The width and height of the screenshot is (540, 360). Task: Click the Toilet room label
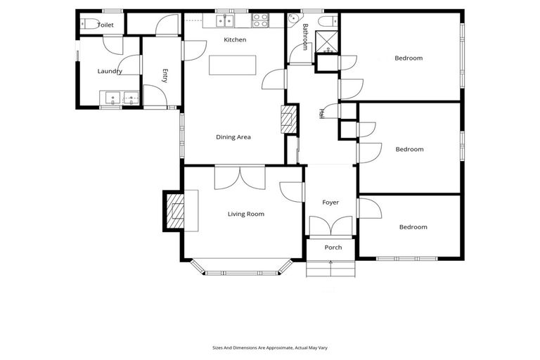(x=105, y=25)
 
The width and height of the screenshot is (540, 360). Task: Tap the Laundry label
(x=110, y=71)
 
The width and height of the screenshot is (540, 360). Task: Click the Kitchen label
(x=235, y=40)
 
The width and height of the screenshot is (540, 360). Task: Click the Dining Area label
(x=233, y=137)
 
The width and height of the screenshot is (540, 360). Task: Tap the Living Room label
(x=246, y=214)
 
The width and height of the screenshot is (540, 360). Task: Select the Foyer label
(x=330, y=202)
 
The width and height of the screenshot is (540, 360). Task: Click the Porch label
(x=333, y=247)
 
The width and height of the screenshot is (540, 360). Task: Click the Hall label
(x=322, y=112)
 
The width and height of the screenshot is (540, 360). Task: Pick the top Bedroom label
(x=409, y=58)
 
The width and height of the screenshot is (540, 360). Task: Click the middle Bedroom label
(x=409, y=149)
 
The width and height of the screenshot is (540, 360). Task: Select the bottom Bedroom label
(x=413, y=227)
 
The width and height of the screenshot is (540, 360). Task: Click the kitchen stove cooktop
(x=260, y=20)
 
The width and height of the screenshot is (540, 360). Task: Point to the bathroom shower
(x=328, y=43)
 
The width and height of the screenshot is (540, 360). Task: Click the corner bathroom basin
(x=293, y=20)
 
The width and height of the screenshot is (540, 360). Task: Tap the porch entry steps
(x=330, y=269)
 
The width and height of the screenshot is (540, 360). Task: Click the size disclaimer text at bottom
(x=269, y=347)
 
